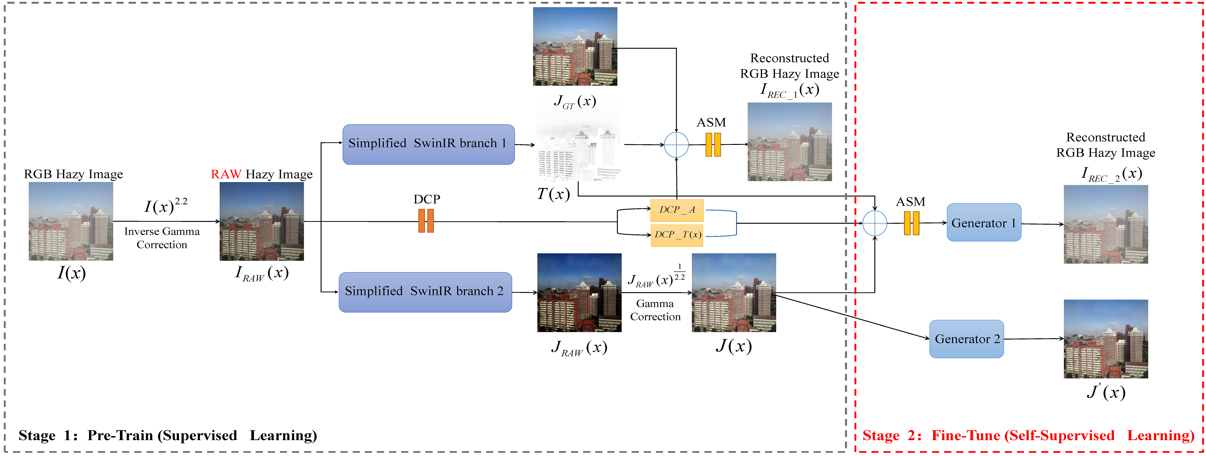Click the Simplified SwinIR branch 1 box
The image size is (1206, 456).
[x=428, y=144]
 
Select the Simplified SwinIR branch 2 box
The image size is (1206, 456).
[x=425, y=292]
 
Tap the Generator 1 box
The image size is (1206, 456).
[x=984, y=222]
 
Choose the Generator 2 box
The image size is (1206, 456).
[x=966, y=339]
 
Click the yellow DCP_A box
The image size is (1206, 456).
[x=676, y=210]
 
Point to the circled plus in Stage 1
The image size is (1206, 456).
[x=676, y=145]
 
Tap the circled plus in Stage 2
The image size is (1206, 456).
[x=875, y=223]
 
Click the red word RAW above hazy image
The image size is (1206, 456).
[x=226, y=175]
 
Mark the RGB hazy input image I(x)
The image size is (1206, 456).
[x=71, y=221]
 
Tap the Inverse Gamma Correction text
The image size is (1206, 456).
[x=162, y=238]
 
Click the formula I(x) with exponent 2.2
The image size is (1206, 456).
[x=165, y=206]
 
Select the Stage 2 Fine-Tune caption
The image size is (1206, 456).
[x=1028, y=436]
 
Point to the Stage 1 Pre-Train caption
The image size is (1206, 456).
[x=168, y=436]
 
